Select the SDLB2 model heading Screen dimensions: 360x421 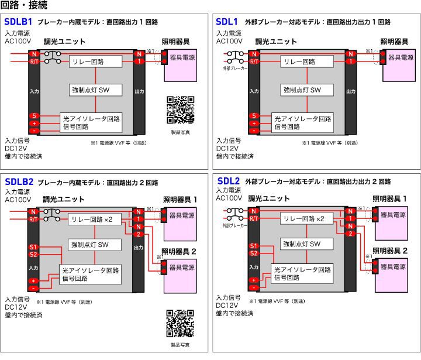[x=18, y=182]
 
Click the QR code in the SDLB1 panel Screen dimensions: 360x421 [x=180, y=110]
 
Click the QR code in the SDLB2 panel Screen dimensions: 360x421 [x=180, y=324]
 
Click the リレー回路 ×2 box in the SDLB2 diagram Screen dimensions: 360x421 [x=95, y=218]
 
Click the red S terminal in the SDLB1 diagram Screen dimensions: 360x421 [x=34, y=116]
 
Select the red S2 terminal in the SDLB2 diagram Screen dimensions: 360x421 [x=34, y=253]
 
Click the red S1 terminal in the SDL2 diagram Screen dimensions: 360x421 [x=253, y=246]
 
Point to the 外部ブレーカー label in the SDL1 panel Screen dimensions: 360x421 [x=235, y=68]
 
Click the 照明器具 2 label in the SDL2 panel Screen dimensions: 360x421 [x=389, y=251]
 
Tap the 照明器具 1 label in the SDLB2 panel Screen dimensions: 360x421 [x=179, y=200]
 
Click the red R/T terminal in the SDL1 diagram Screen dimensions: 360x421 [x=254, y=61]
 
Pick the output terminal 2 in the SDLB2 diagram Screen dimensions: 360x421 [x=139, y=234]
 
